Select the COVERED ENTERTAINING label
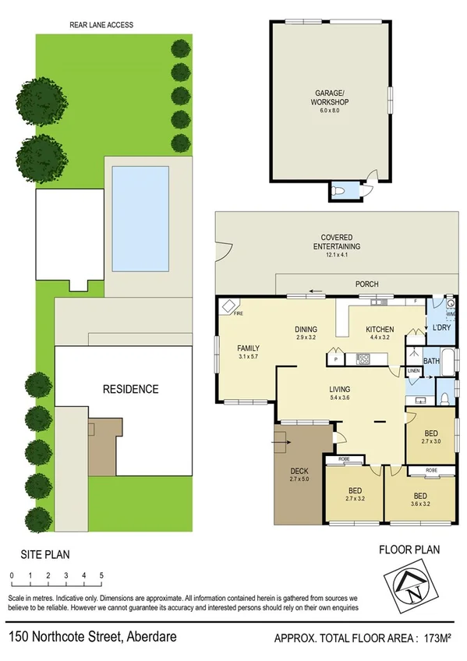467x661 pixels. pyautogui.click(x=336, y=242)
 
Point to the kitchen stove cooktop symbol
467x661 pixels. pyautogui.click(x=363, y=359)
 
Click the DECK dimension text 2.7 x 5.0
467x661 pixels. pyautogui.click(x=299, y=479)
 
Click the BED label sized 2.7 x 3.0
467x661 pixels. pyautogui.click(x=430, y=433)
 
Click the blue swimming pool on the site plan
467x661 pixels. pyautogui.click(x=140, y=218)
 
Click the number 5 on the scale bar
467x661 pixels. pyautogui.click(x=101, y=575)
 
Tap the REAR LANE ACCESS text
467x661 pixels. pyautogui.click(x=101, y=25)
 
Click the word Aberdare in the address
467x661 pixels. pyautogui.click(x=150, y=637)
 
